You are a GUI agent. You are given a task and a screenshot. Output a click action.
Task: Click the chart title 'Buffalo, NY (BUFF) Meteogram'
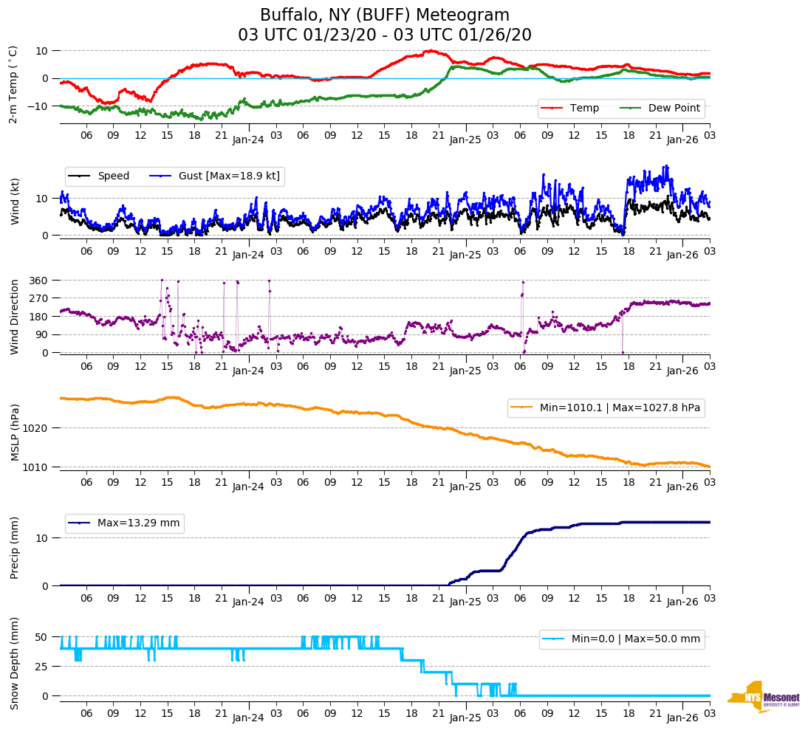385,16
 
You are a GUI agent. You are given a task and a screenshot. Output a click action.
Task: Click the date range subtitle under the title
385,35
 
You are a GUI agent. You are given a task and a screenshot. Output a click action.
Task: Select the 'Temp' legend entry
584,108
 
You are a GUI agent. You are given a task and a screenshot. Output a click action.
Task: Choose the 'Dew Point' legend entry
674,108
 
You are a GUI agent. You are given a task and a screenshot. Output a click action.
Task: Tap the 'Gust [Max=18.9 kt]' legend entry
229,176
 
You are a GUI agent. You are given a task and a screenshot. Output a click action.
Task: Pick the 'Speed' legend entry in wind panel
113,176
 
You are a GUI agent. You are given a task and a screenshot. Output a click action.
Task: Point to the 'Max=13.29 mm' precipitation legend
138,523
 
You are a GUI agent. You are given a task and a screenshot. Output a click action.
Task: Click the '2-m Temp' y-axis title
13,83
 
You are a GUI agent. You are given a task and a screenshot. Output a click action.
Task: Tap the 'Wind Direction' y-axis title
15,317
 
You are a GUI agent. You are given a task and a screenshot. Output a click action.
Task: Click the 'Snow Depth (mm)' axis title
15,664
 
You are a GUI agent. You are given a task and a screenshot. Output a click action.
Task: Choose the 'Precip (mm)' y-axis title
15,548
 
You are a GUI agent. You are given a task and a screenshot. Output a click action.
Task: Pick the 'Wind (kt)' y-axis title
15,202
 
